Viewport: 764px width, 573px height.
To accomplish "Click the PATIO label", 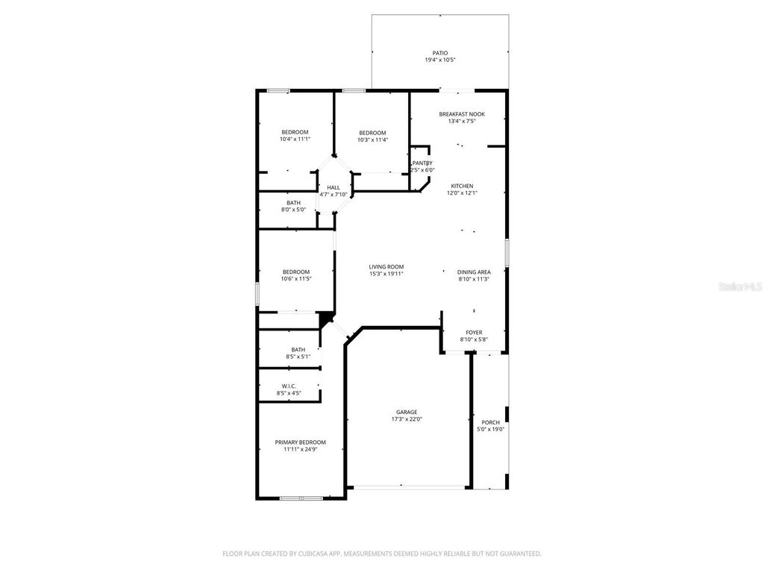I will pyautogui.click(x=440, y=53).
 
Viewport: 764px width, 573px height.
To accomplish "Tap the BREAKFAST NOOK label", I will pyautogui.click(x=462, y=114).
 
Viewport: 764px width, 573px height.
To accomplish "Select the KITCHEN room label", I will pyautogui.click(x=462, y=186).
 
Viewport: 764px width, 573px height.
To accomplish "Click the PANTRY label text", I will pyautogui.click(x=422, y=163).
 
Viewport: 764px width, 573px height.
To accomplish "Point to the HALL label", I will pyautogui.click(x=334, y=187).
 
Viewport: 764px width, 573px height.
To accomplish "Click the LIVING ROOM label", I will pyautogui.click(x=386, y=266).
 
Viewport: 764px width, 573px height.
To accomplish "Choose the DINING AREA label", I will pyautogui.click(x=474, y=272).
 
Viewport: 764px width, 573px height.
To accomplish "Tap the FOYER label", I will pyautogui.click(x=474, y=333).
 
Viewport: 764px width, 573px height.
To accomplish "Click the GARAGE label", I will pyautogui.click(x=407, y=412).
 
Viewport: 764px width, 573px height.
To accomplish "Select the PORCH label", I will pyautogui.click(x=490, y=422).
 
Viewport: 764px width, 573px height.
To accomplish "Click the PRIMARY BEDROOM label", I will pyautogui.click(x=300, y=442).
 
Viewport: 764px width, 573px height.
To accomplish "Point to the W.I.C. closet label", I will pyautogui.click(x=289, y=386).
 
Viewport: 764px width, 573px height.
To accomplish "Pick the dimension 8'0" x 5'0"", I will pyautogui.click(x=293, y=210).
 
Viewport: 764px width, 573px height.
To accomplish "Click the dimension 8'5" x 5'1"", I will pyautogui.click(x=298, y=357).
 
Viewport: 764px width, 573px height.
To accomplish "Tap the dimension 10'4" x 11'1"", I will pyautogui.click(x=295, y=139).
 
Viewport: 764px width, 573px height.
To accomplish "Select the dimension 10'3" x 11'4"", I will pyautogui.click(x=372, y=140).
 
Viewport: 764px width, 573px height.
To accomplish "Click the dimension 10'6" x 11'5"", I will pyautogui.click(x=296, y=278).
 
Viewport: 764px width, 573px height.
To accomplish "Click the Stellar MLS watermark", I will pyautogui.click(x=742, y=286).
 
